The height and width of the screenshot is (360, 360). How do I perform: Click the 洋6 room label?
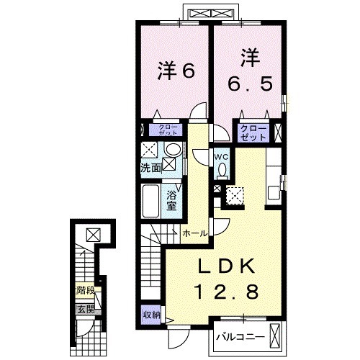(x=176, y=71)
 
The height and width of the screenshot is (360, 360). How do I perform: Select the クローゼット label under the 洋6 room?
(x=170, y=130)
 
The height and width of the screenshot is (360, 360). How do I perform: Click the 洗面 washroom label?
(x=150, y=168)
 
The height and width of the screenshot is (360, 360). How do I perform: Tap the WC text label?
(x=220, y=156)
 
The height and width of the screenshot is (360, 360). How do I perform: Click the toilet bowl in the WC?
(x=222, y=170)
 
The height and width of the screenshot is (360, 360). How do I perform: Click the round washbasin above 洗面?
(x=173, y=150)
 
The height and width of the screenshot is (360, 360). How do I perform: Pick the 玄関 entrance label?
(x=86, y=310)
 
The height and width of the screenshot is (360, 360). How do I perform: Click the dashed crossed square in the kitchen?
(x=235, y=194)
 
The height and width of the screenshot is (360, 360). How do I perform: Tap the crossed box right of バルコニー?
(x=276, y=336)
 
